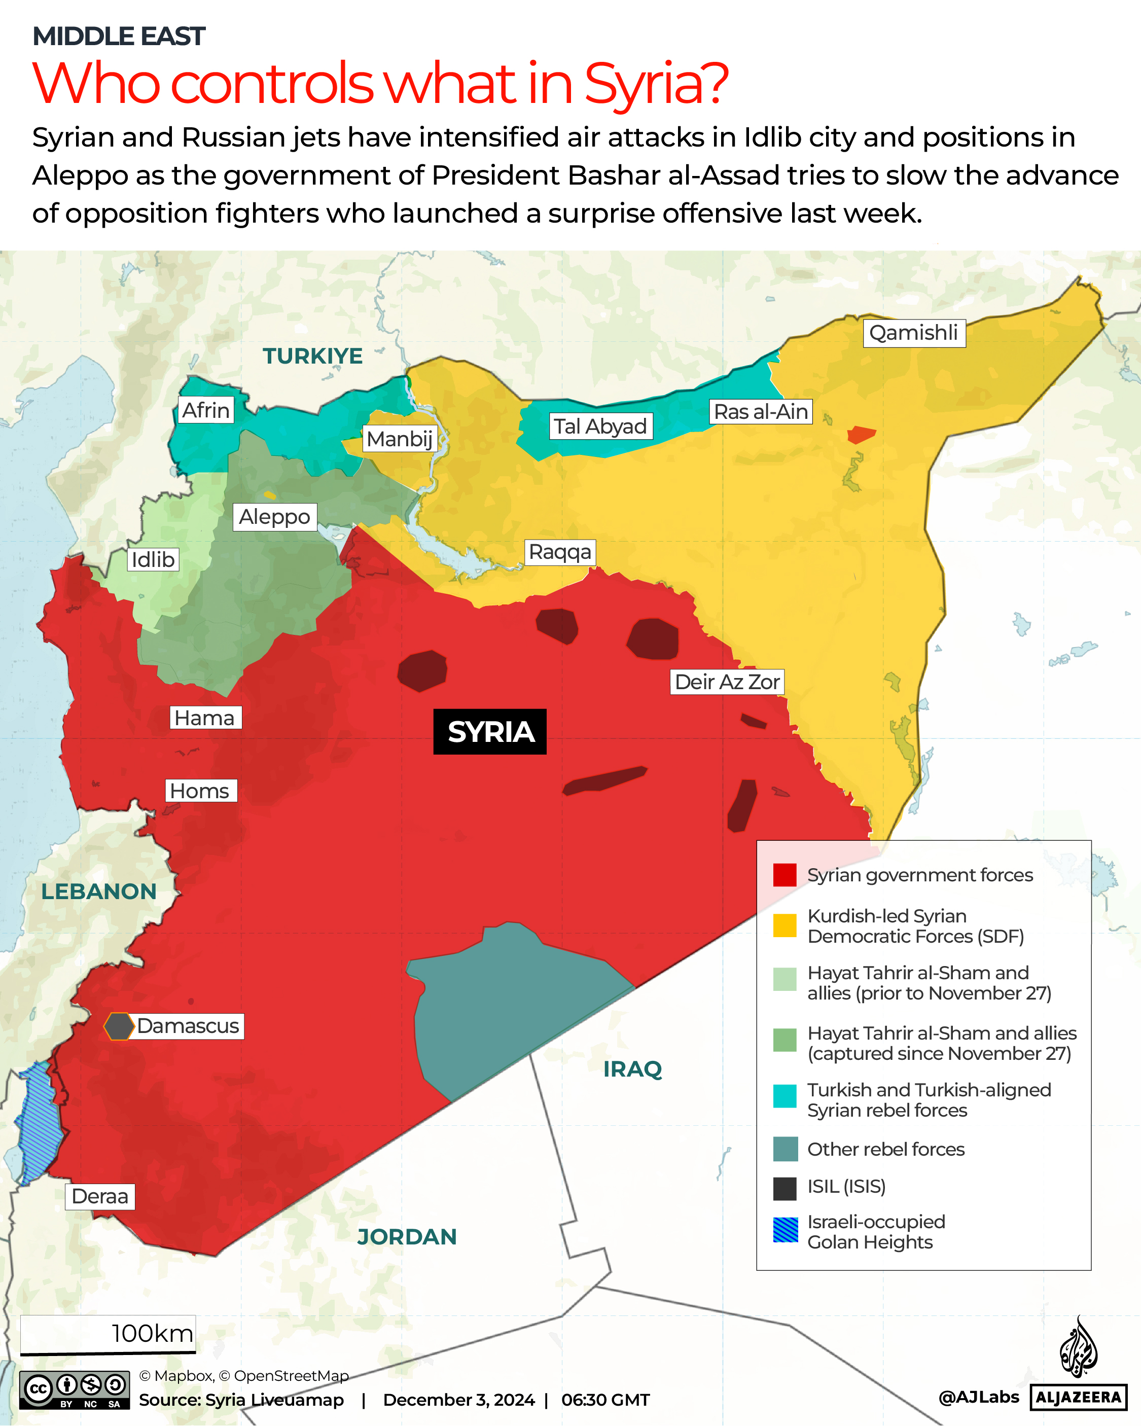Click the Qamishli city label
coord(913,333)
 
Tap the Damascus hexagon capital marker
coord(119,1026)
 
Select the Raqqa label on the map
coord(559,552)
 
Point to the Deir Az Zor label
coord(727,682)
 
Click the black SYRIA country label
coord(490,732)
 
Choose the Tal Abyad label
coord(600,426)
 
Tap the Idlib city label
coord(153,559)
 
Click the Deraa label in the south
coord(100,1196)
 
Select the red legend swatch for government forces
coord(785,875)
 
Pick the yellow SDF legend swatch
coord(785,925)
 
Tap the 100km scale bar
coord(108,1335)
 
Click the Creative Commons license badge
coord(74,1389)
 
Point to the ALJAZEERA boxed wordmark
coord(1078,1397)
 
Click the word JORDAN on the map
coord(407,1237)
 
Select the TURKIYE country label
coord(312,356)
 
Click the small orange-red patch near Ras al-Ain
coord(861,435)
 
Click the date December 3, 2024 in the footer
coord(458,1400)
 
